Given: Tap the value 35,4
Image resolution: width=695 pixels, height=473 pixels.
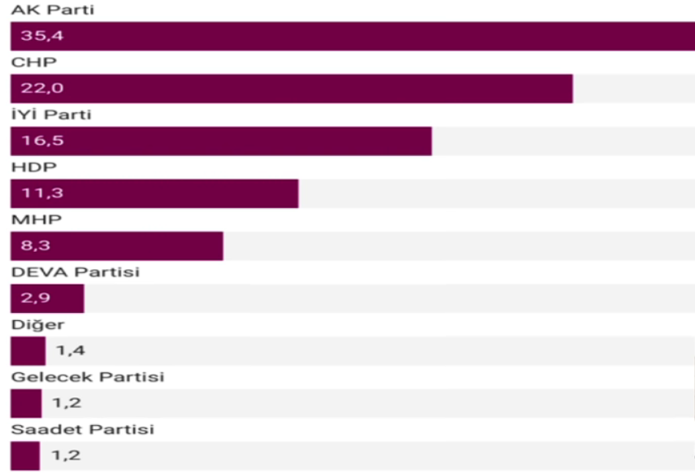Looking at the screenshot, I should [37, 37].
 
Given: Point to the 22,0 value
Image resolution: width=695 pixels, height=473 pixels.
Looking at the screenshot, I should [37, 89].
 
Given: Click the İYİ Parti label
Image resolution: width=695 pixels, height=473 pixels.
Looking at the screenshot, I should [50, 115].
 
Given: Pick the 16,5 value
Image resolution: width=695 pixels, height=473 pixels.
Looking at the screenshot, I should [37, 141].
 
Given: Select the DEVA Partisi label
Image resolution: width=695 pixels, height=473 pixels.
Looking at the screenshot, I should [75, 272].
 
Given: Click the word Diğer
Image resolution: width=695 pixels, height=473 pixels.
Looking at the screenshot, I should [37, 324].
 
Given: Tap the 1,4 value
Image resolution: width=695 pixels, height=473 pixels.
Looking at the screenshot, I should [70, 351].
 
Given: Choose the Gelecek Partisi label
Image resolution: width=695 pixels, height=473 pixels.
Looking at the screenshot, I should [87, 377].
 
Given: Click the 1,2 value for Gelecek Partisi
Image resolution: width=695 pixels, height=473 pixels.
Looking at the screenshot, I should [67, 403].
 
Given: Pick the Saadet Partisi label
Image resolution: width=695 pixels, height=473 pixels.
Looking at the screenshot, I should [82, 429].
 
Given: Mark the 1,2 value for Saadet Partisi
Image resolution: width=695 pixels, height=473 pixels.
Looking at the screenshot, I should [67, 456].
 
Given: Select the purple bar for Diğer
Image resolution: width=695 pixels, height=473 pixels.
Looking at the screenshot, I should [28, 351].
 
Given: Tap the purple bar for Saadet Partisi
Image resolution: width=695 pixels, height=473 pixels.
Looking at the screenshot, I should [24, 456].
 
